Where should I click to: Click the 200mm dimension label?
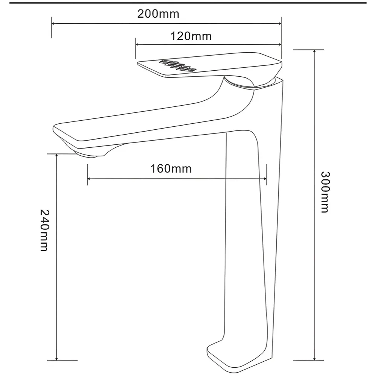point(158,14)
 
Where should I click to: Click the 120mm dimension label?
point(191,36)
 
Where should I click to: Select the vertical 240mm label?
point(44,230)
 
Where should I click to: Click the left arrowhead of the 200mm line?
point(53,23)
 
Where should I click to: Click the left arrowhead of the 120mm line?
point(138,44)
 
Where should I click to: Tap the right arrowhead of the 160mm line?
point(264,179)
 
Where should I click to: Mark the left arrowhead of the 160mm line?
point(89,179)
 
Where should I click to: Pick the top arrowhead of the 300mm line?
point(314,52)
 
